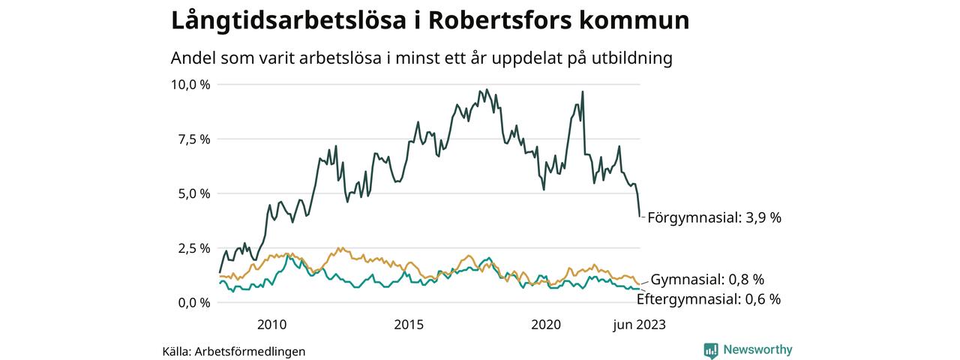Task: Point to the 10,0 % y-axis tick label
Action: pos(190,84)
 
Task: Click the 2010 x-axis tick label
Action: pos(271,325)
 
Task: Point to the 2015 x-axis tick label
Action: pos(409,325)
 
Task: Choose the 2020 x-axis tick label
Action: pos(546,325)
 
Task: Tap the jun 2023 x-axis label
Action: pos(639,325)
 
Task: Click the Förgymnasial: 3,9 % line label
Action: pos(714,217)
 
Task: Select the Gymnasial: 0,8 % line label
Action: pos(707,280)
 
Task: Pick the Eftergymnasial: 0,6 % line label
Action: pos(708,298)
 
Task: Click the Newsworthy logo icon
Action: pos(711,349)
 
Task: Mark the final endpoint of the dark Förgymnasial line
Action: pos(640,217)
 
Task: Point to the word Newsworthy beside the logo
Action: pos(757,349)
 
